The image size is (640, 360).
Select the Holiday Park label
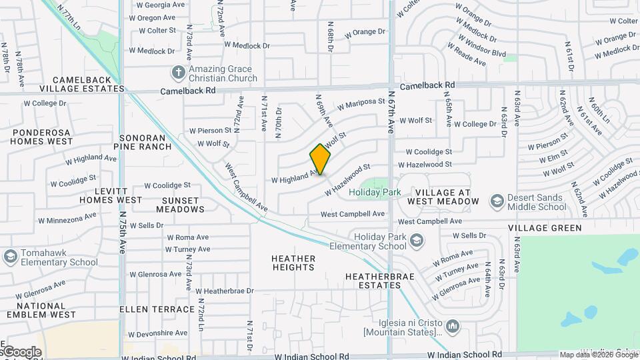coord(375,193)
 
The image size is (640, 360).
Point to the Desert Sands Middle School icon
coord(496,201)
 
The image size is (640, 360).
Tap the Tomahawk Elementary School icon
coord(10,256)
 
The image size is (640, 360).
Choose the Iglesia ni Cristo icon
coord(453,326)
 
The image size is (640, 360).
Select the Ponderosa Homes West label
coord(42,137)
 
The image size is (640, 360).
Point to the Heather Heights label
coord(293,263)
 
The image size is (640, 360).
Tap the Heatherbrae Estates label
coord(373,280)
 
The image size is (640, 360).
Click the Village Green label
coord(545,228)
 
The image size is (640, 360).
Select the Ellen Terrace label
coord(157,309)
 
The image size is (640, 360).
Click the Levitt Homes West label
coord(111,195)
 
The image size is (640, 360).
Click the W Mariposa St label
coord(361,104)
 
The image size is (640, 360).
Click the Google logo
coord(21,352)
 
